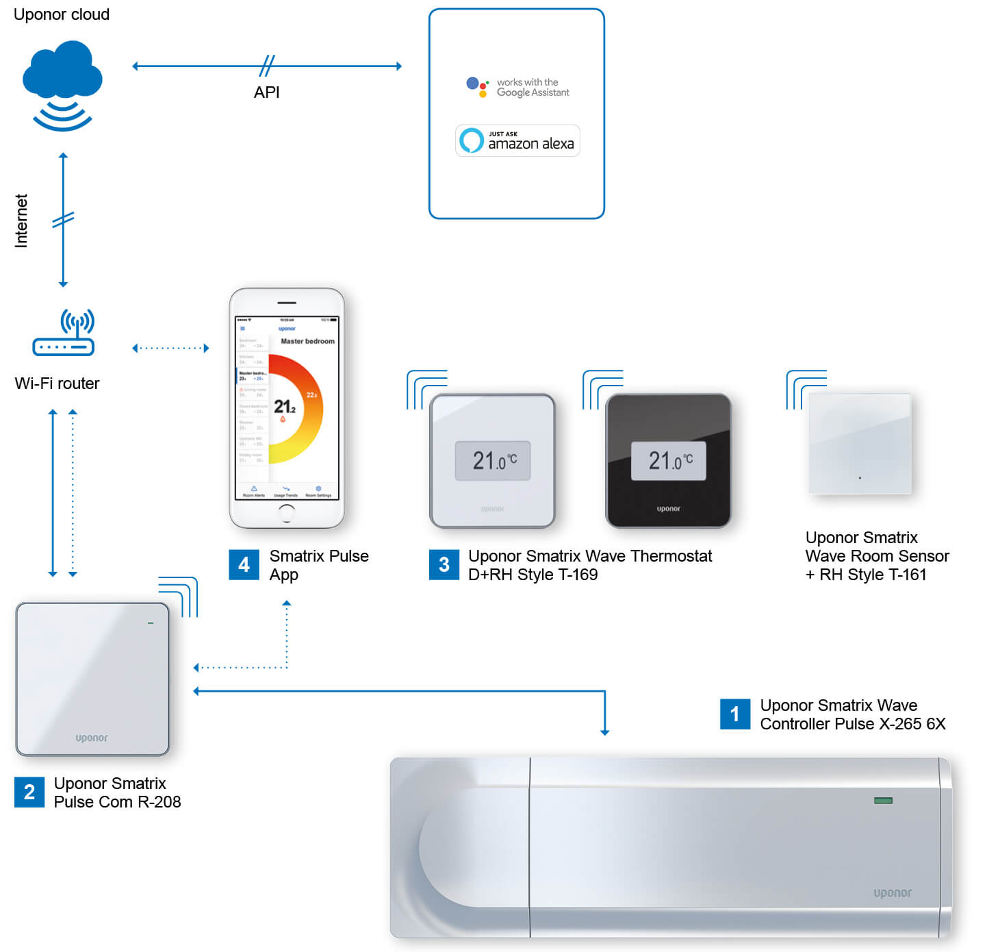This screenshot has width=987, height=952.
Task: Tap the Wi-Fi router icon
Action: (64, 334)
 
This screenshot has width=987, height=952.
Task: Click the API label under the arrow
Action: (267, 92)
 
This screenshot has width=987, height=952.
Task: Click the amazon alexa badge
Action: (517, 140)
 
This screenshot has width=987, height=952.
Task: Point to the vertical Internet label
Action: (21, 221)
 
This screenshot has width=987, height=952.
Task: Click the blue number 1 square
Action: (734, 714)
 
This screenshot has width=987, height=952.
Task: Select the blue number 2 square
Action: (29, 792)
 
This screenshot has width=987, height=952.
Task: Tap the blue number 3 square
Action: (444, 565)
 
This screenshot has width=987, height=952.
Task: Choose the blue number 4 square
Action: (244, 565)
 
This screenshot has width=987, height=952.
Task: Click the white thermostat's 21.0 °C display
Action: (493, 460)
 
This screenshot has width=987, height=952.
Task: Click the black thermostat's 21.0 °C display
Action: (668, 460)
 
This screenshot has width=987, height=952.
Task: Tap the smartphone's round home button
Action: (287, 512)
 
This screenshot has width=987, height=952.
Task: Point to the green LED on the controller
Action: (883, 801)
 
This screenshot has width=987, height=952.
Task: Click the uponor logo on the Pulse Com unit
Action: (92, 738)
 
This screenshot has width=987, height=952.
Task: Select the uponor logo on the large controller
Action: (892, 893)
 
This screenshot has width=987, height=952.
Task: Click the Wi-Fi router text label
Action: (57, 384)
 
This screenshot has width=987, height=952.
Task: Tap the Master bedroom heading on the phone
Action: (307, 341)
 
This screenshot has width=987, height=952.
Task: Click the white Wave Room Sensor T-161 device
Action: (860, 443)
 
